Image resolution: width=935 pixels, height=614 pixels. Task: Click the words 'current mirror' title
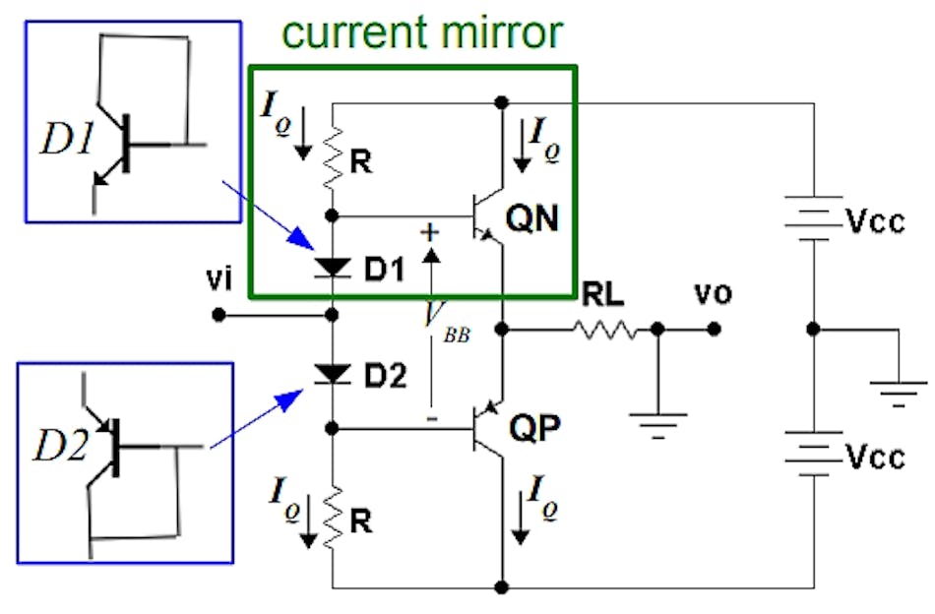pyautogui.click(x=422, y=32)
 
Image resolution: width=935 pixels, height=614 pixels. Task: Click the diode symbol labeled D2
pyautogui.click(x=334, y=374)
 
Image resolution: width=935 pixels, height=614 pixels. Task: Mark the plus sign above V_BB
pyautogui.click(x=430, y=232)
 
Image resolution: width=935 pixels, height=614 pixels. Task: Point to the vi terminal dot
pyautogui.click(x=218, y=316)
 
